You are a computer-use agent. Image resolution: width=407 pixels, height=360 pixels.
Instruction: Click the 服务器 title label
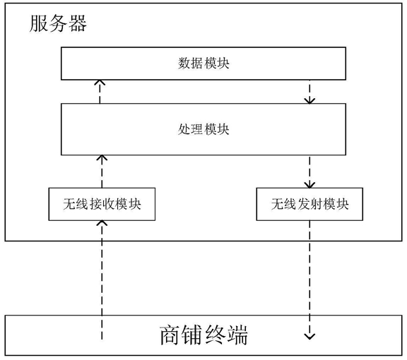[x=58, y=23]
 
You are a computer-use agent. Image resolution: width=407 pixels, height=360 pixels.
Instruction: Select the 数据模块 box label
[x=203, y=64]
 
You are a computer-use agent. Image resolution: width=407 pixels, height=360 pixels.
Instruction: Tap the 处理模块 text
[x=203, y=129]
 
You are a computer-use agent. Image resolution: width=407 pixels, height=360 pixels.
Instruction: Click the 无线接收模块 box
[x=102, y=205]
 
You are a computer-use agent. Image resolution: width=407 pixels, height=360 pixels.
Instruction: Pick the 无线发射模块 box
[x=309, y=205]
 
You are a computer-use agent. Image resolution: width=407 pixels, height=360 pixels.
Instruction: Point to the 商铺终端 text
[x=203, y=335]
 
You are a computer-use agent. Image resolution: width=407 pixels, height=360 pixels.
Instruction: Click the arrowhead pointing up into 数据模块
[x=100, y=83]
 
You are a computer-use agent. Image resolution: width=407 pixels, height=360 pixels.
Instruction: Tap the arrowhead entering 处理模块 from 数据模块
[x=309, y=101]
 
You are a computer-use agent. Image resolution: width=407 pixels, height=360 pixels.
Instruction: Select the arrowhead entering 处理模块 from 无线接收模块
[x=102, y=157]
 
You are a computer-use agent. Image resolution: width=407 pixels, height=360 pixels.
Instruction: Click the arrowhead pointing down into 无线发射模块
[x=309, y=185]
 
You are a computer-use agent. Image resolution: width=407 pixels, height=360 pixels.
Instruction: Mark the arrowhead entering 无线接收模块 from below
[x=102, y=223]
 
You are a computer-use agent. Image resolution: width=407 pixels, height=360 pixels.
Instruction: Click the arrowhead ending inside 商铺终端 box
[x=309, y=337]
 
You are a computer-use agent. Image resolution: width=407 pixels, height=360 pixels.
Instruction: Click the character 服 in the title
[x=38, y=23]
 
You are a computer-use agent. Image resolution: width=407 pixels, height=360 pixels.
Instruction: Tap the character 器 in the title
[x=78, y=23]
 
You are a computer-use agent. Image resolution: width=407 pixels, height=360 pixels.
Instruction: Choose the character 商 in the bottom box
[x=170, y=335]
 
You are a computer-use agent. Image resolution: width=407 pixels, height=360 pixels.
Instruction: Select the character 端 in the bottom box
[x=237, y=335]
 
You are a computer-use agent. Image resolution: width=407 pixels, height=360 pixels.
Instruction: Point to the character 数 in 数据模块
[x=184, y=64]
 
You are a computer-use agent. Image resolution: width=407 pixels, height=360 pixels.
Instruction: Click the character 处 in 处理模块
[x=184, y=129]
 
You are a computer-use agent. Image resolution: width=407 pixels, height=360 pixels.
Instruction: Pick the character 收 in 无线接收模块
[x=109, y=204]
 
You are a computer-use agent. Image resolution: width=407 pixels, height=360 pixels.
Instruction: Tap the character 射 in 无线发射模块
[x=317, y=204]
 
